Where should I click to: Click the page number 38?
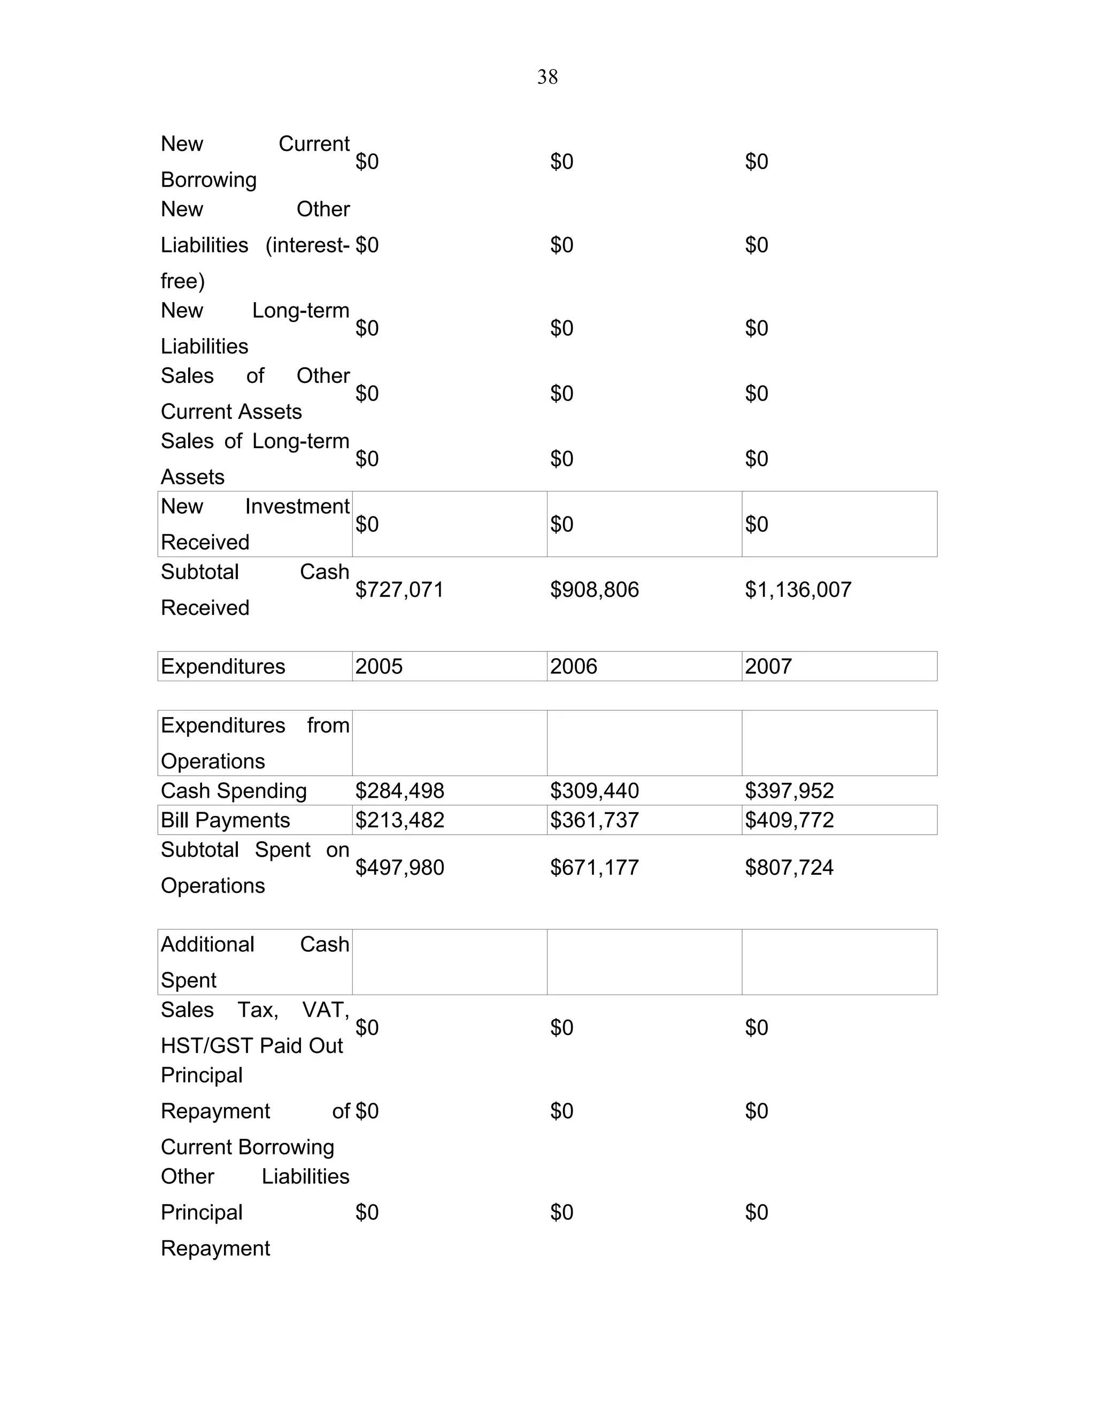pyautogui.click(x=547, y=77)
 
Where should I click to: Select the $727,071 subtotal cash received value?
pyautogui.click(x=399, y=589)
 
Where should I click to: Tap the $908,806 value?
pyautogui.click(x=593, y=589)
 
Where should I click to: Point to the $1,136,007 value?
pyautogui.click(x=797, y=589)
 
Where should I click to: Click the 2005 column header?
pyautogui.click(x=379, y=666)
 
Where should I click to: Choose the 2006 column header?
pyautogui.click(x=574, y=666)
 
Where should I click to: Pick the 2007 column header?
pyautogui.click(x=768, y=666)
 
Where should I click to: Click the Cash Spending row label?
pyautogui.click(x=234, y=790)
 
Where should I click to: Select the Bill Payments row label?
pyautogui.click(x=225, y=820)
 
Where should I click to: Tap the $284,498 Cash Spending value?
pyautogui.click(x=399, y=790)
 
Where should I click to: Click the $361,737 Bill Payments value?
pyautogui.click(x=593, y=820)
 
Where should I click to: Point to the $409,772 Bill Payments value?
pyautogui.click(x=789, y=820)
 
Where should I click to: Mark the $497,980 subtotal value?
pyautogui.click(x=399, y=867)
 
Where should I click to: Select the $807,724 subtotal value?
pyautogui.click(x=789, y=867)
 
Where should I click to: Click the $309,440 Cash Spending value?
pyautogui.click(x=593, y=790)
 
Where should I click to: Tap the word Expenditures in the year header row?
pyautogui.click(x=222, y=666)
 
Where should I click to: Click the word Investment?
pyautogui.click(x=297, y=506)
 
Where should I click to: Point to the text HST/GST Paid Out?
pyautogui.click(x=252, y=1045)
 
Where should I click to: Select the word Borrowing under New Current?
pyautogui.click(x=208, y=180)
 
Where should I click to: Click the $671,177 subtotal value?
pyautogui.click(x=593, y=867)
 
